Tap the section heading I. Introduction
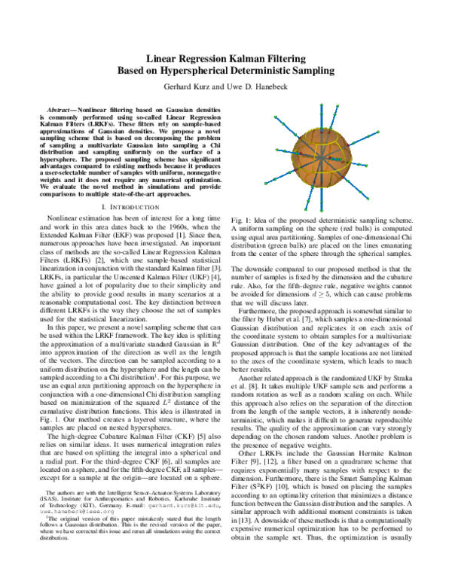tap(130, 205)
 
